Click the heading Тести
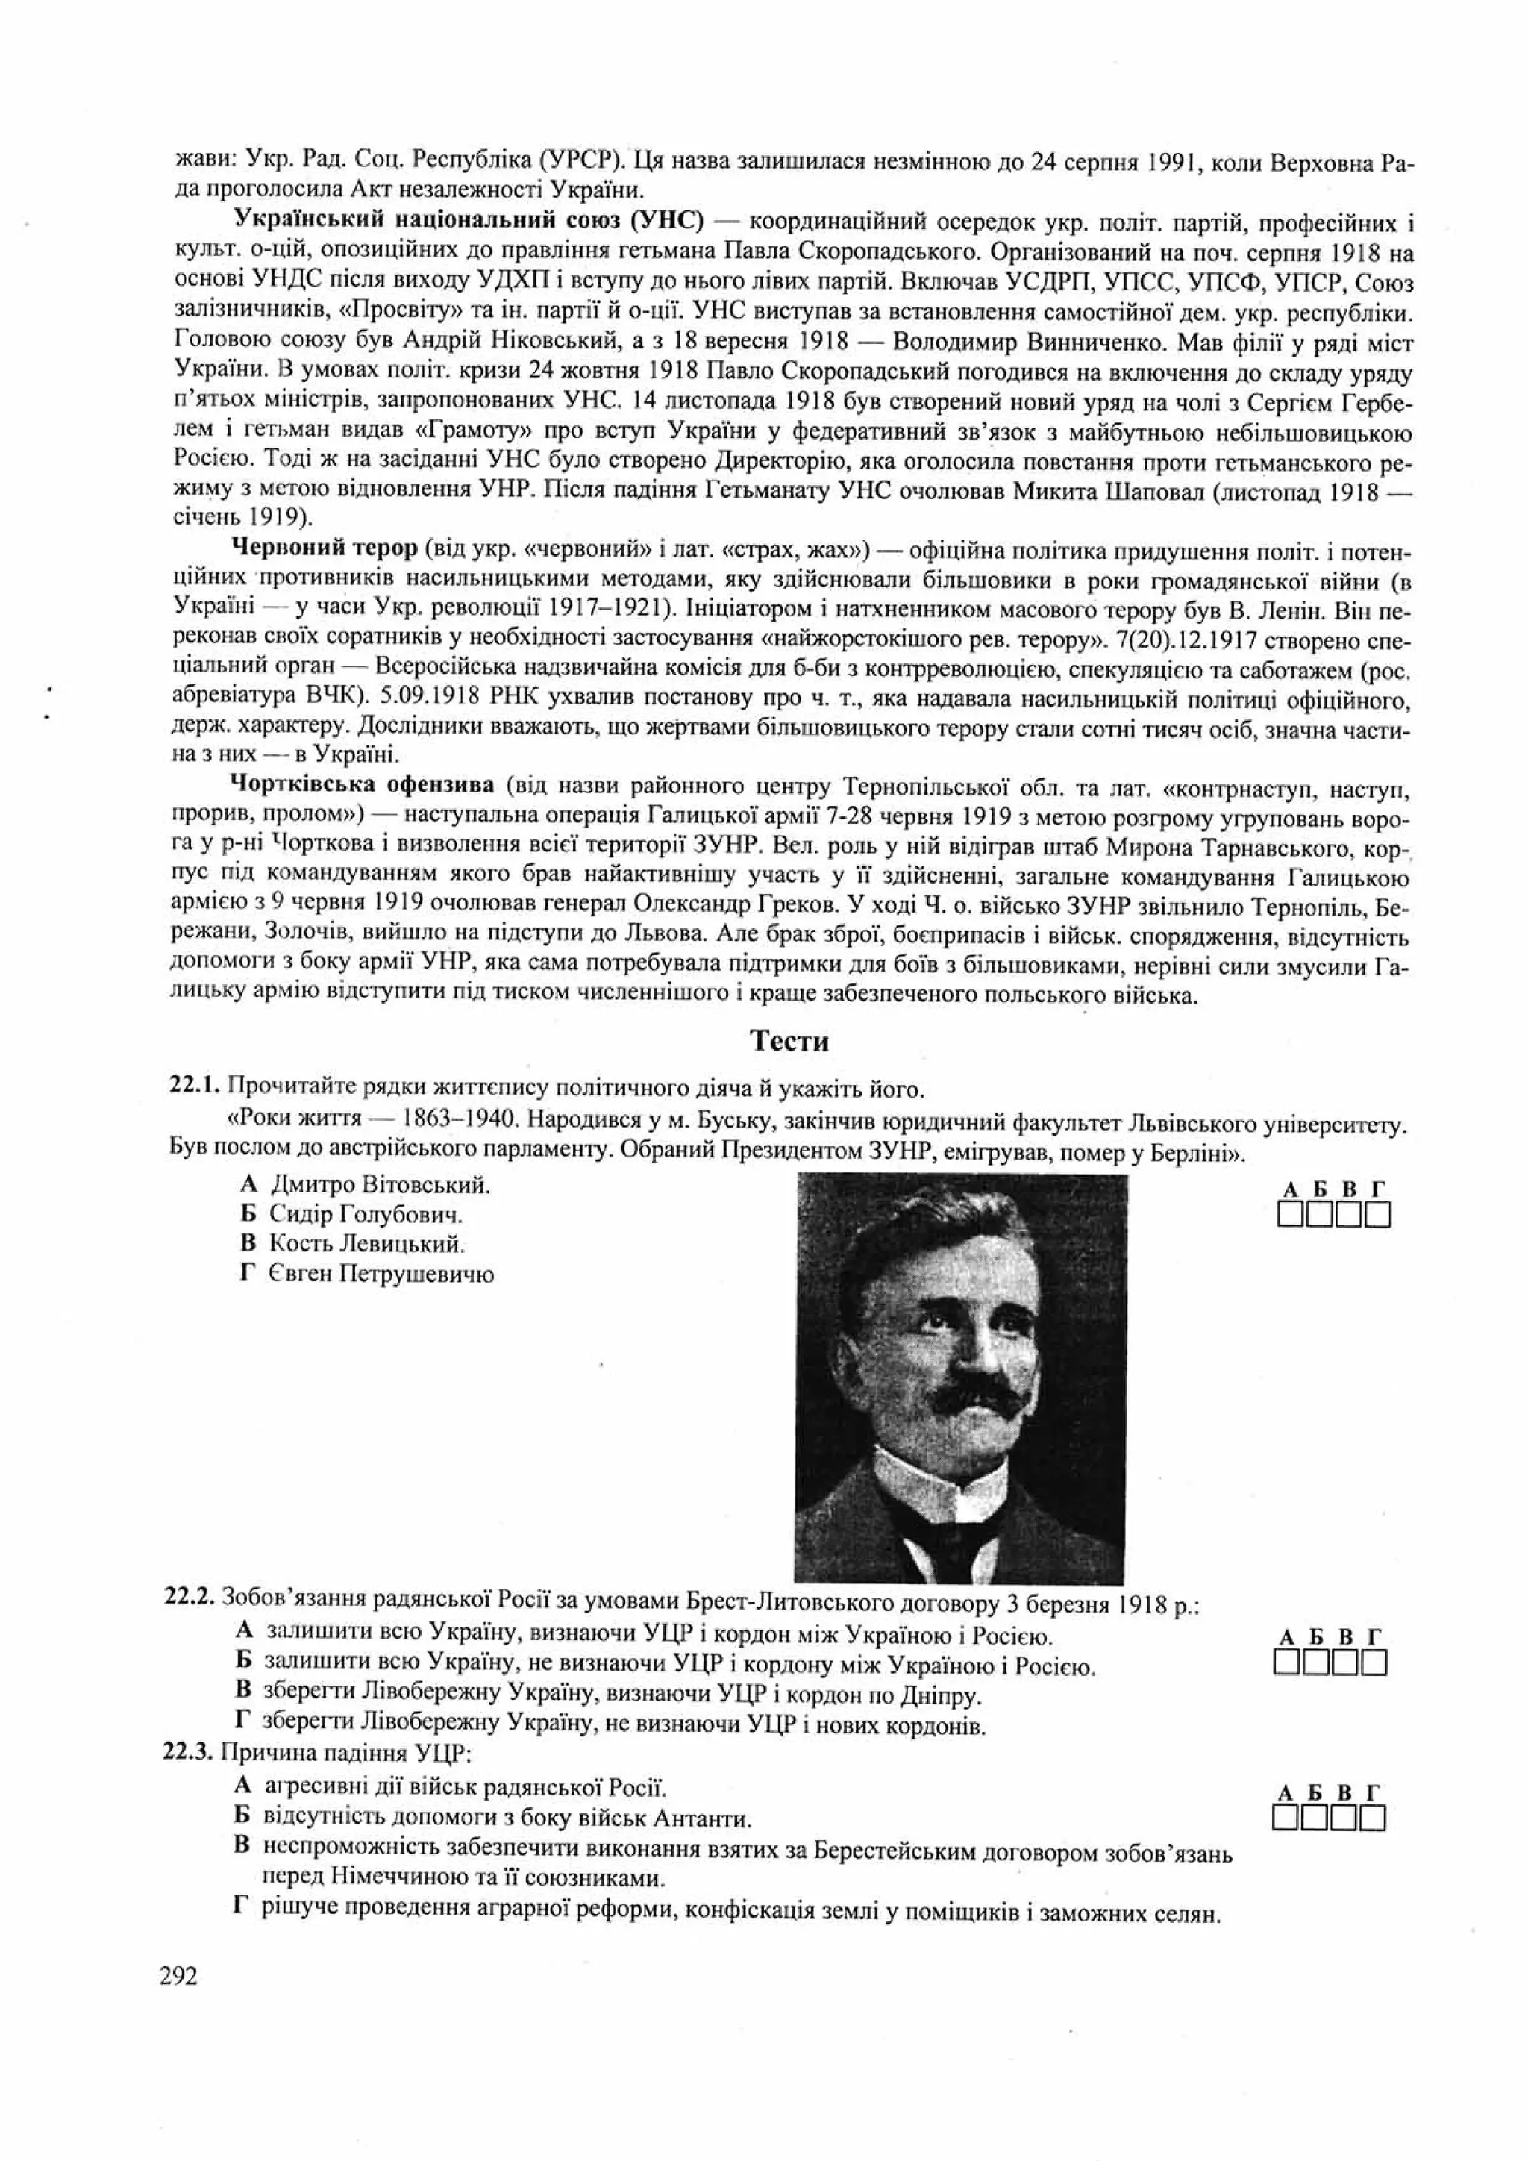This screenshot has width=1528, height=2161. pos(789,1041)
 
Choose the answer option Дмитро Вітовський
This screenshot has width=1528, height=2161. pos(379,1184)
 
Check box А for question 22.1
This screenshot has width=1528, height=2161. pos(1290,1216)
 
